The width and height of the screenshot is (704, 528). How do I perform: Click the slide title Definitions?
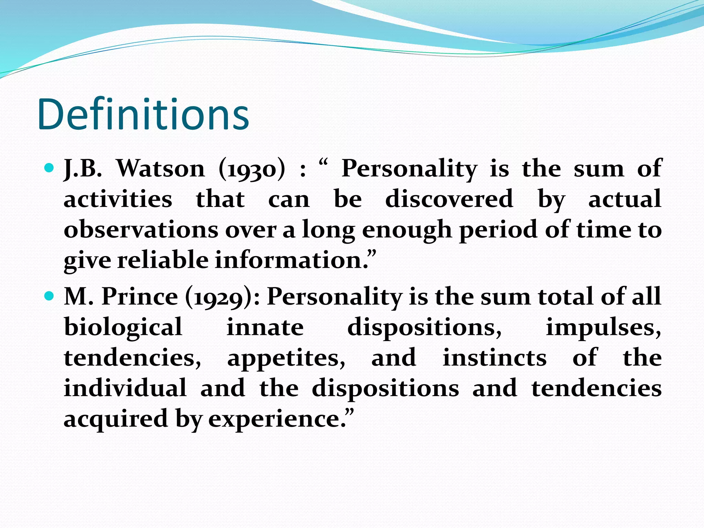tap(143, 114)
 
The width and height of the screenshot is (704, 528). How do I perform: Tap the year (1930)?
tap(252, 169)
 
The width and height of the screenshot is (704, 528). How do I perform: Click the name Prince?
tap(140, 296)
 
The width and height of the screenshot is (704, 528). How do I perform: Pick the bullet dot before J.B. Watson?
tap(49, 168)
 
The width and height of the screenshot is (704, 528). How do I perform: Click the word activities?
tap(118, 199)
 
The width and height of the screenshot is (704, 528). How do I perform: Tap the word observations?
tap(141, 230)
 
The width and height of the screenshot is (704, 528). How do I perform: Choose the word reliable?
tap(163, 260)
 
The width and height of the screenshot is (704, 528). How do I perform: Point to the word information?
tap(291, 260)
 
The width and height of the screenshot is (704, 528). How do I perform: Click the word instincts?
tap(494, 357)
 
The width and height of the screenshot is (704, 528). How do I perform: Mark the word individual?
tap(125, 388)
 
